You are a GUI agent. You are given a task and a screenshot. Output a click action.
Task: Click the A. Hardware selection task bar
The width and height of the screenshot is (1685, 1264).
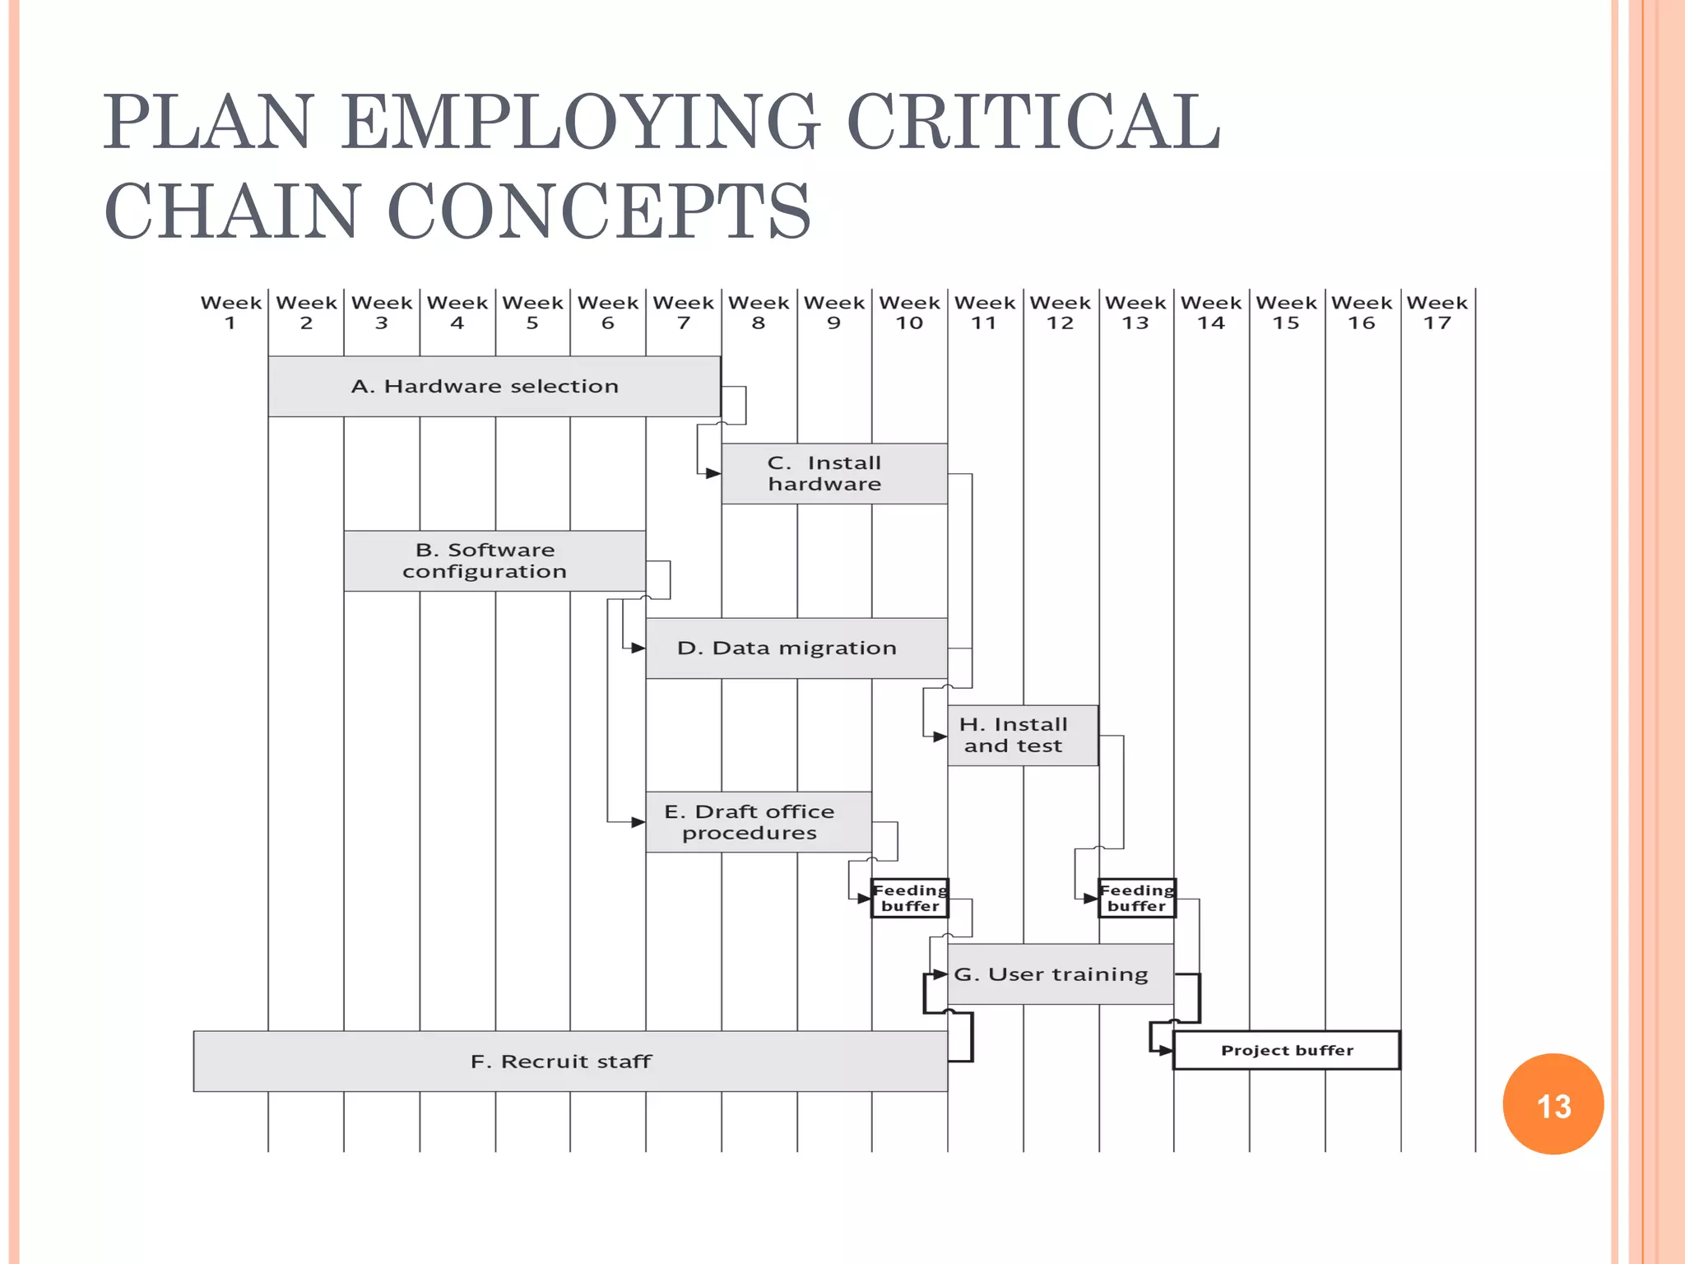494,386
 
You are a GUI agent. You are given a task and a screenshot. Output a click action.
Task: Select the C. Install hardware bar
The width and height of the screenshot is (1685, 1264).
833,473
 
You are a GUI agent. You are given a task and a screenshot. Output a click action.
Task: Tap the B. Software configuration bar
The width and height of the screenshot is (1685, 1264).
494,560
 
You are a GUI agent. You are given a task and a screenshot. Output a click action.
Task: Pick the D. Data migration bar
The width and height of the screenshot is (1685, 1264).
796,648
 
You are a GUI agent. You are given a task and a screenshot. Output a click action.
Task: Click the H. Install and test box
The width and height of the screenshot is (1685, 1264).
1022,735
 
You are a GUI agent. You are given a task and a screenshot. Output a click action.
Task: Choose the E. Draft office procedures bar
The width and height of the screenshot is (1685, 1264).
758,822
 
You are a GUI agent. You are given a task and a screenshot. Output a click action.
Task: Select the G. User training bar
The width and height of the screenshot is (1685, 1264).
1060,974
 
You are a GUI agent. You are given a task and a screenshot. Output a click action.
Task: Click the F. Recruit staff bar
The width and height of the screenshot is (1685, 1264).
569,1061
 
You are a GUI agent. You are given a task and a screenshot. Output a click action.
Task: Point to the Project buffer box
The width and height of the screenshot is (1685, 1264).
1286,1050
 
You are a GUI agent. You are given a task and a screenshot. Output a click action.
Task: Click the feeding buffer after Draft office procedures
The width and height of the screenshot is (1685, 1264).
910,898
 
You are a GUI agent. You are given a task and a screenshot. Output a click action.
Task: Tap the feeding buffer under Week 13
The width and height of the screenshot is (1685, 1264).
1137,898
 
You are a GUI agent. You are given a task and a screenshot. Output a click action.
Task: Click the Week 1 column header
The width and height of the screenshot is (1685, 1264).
230,313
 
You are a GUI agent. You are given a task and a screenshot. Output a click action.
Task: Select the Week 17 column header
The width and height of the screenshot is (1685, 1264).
1437,313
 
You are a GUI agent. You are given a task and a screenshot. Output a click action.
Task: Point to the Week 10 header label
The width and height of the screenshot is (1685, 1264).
909,313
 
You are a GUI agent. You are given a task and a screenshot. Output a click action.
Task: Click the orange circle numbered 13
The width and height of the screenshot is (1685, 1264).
1553,1104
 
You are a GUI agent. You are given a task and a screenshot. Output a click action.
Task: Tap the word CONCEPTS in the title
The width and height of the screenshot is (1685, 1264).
598,211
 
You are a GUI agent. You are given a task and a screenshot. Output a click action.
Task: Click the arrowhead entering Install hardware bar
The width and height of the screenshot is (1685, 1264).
713,473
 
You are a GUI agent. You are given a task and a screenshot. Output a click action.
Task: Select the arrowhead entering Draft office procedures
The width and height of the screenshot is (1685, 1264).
637,822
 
